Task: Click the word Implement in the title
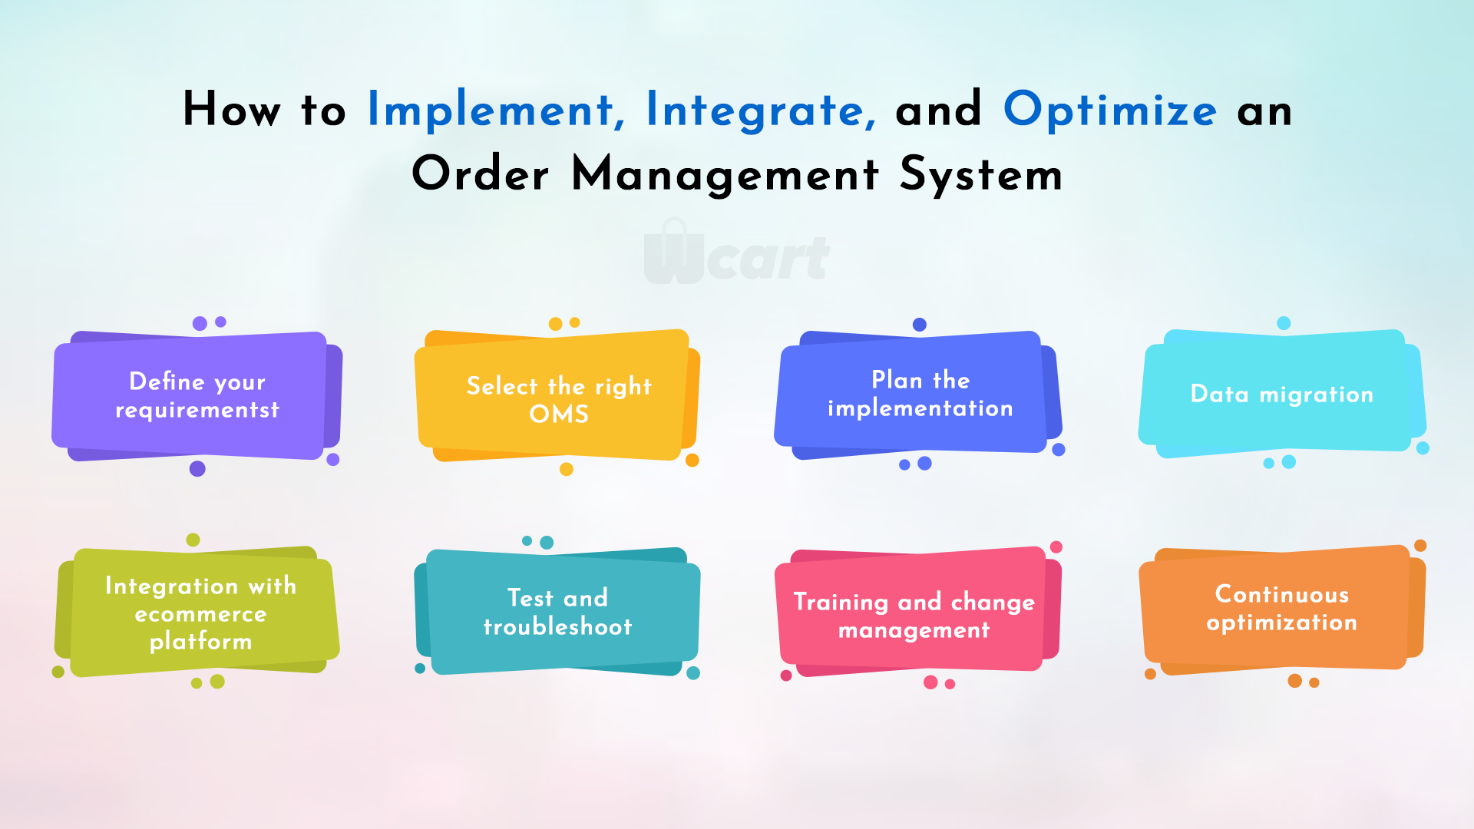tap(490, 110)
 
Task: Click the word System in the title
tap(981, 175)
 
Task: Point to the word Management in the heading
tap(725, 175)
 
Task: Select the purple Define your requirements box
tap(197, 396)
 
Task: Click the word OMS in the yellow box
tap(559, 414)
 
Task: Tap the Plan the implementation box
tap(919, 395)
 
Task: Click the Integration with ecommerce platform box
tap(197, 612)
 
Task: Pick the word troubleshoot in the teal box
tap(558, 627)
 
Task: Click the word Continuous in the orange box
tap(1282, 594)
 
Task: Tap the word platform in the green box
tap(200, 642)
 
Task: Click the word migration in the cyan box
tap(1317, 395)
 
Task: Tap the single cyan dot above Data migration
tap(1284, 323)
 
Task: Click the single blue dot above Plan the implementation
tap(920, 325)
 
